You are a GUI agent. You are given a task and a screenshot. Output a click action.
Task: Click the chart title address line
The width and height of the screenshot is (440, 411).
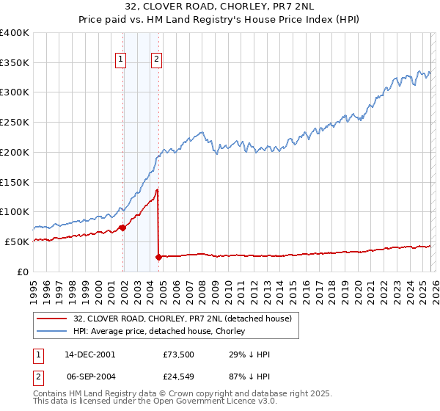220,7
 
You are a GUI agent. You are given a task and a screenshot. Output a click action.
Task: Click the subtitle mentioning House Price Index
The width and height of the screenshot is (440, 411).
220,20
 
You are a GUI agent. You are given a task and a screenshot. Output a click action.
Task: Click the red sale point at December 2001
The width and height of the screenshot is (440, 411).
122,228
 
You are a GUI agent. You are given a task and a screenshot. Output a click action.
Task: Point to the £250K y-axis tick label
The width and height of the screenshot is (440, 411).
15,122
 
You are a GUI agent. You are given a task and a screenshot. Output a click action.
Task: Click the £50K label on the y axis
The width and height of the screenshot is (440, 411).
17,241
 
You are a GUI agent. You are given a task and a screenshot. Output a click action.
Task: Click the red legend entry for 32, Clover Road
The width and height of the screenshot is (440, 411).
183,319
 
